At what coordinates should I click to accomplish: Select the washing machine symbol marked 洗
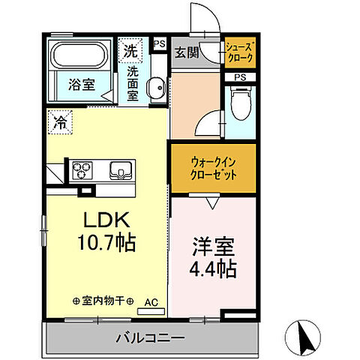click(131, 52)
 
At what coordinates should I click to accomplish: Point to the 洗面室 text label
click(133, 84)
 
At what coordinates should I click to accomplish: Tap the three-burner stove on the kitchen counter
click(82, 171)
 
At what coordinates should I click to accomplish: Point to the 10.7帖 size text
click(106, 243)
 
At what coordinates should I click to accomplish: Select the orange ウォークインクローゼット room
click(213, 166)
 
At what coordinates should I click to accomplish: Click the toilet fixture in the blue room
click(240, 105)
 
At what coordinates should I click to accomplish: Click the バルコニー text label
click(150, 338)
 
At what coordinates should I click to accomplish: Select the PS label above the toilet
click(240, 77)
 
